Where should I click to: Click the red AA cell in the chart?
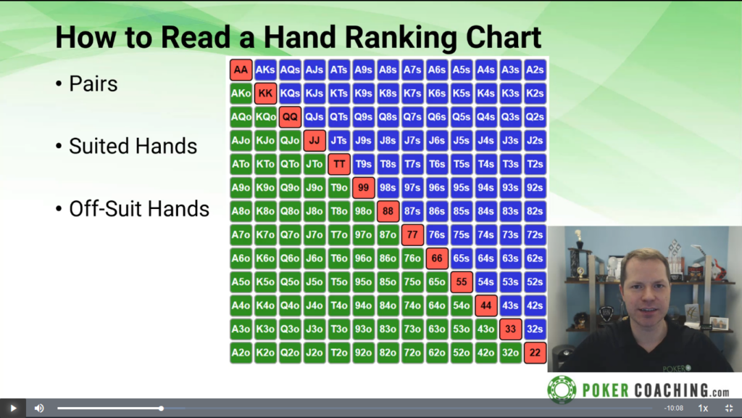(241, 70)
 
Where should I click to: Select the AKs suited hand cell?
(265, 70)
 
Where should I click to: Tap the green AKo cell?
(241, 94)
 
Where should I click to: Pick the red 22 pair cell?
(535, 353)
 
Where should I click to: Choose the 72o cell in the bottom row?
(412, 353)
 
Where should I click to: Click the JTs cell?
(339, 140)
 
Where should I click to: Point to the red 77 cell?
(412, 234)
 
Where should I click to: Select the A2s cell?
(535, 70)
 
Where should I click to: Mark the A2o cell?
(241, 353)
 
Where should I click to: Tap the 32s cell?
(535, 329)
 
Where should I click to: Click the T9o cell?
(339, 188)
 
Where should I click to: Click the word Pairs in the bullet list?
(93, 84)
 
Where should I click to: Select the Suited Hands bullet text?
(133, 146)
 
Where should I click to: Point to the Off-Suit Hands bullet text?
(139, 209)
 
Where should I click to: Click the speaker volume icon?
(39, 408)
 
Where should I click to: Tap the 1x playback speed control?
(703, 408)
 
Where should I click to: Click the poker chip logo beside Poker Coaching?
(562, 390)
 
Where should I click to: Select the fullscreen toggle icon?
(729, 408)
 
